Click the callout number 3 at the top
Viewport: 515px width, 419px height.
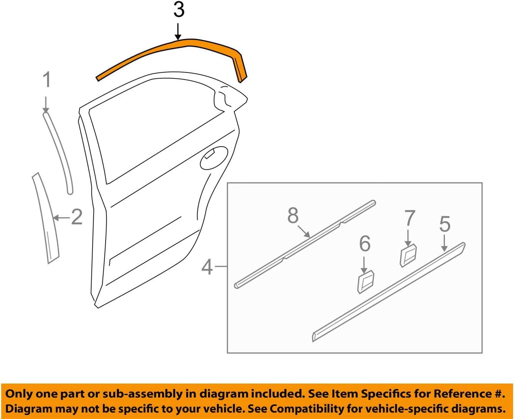(179, 10)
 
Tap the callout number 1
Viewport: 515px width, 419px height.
(46, 80)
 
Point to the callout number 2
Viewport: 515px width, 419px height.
(77, 217)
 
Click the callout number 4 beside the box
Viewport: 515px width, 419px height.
(207, 267)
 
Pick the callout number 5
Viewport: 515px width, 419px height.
(445, 224)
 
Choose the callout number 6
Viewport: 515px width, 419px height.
(364, 244)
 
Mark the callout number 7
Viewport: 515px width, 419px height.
(410, 218)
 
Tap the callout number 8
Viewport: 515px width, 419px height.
(293, 216)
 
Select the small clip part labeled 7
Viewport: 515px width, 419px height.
(408, 255)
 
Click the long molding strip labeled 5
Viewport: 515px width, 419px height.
(389, 292)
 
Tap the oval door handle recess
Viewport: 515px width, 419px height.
(214, 158)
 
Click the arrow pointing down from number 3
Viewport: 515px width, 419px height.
(178, 31)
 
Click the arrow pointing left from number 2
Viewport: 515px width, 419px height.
(61, 218)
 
